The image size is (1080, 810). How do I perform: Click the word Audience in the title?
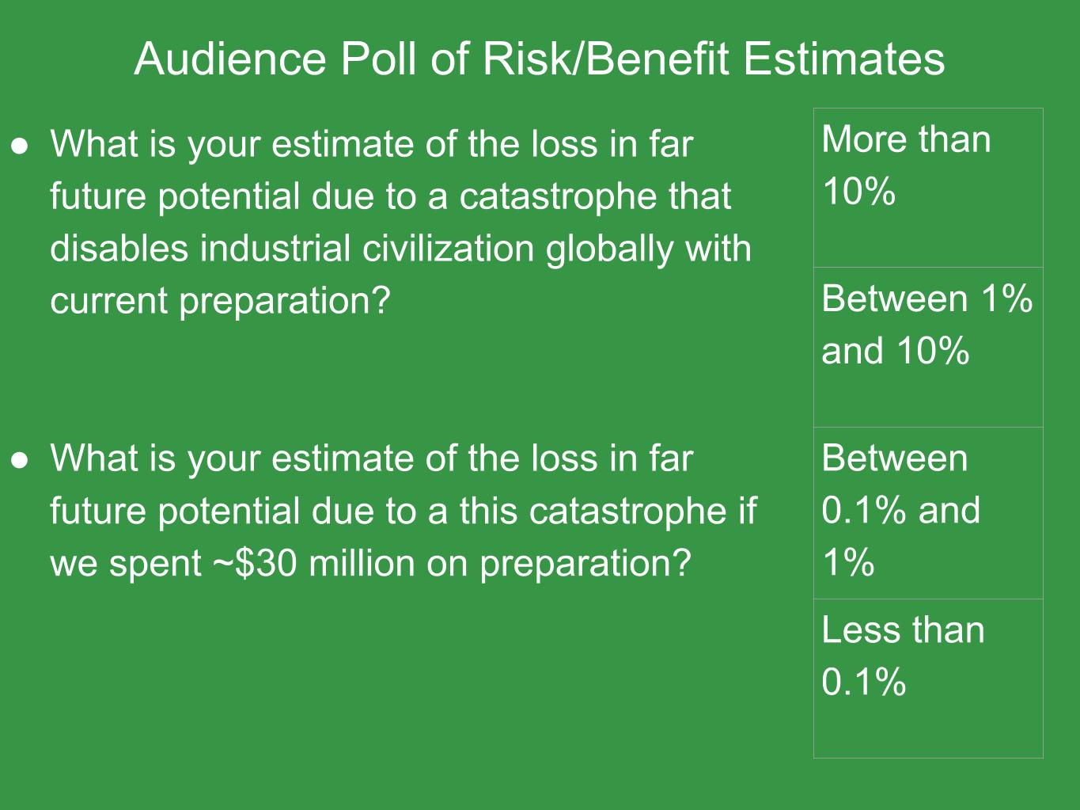pyautogui.click(x=229, y=59)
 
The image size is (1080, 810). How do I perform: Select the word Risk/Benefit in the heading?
pyautogui.click(x=606, y=59)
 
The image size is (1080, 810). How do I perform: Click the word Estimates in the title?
pyautogui.click(x=844, y=59)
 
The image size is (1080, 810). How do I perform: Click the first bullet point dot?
pyautogui.click(x=20, y=146)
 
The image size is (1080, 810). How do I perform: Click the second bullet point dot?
pyautogui.click(x=20, y=460)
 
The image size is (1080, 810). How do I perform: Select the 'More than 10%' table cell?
pyautogui.click(x=928, y=188)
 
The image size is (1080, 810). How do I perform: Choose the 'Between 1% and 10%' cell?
pyautogui.click(x=928, y=347)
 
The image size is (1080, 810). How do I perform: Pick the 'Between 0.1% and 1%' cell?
pyautogui.click(x=928, y=513)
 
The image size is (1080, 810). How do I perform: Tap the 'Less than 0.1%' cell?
pyautogui.click(x=928, y=679)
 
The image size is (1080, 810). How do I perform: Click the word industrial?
pyautogui.click(x=275, y=248)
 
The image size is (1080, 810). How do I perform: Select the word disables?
pyautogui.click(x=119, y=248)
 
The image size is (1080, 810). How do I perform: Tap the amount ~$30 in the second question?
pyautogui.click(x=255, y=563)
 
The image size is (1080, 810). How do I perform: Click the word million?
pyautogui.click(x=362, y=562)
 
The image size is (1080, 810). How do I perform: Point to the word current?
pyautogui.click(x=108, y=300)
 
